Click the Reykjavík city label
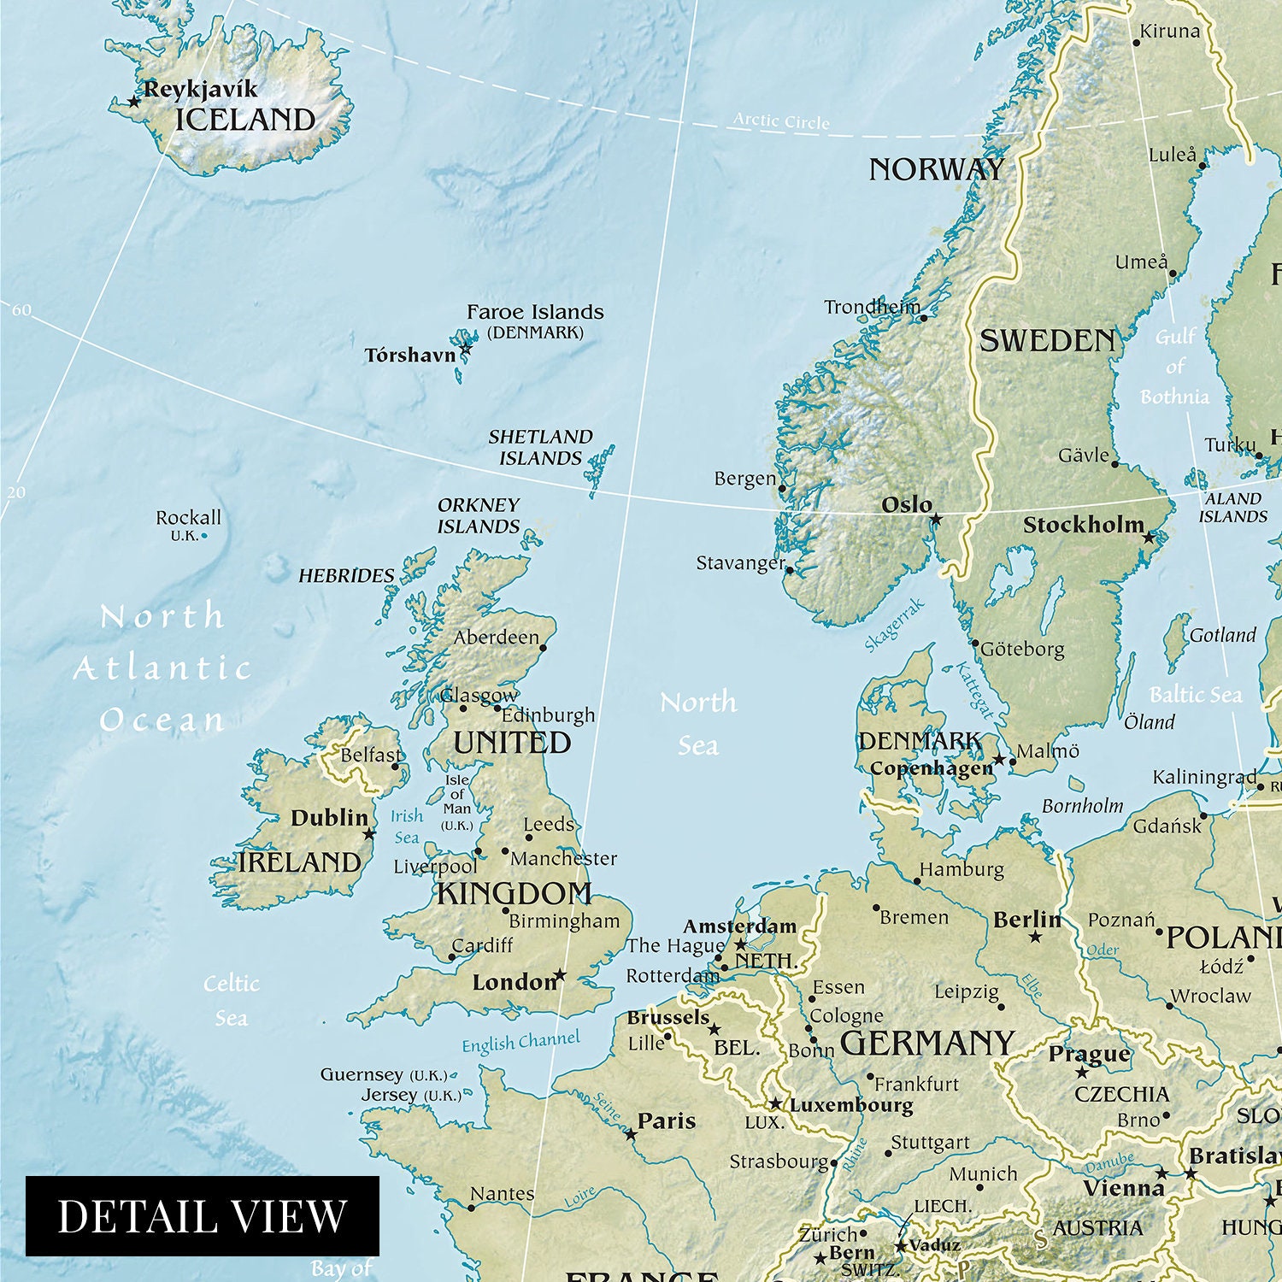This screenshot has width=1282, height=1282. point(200,89)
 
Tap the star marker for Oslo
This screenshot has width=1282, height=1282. point(936,519)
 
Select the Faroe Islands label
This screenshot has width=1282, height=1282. point(535,313)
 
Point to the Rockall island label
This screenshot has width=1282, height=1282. point(188,518)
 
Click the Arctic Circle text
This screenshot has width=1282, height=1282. point(781,121)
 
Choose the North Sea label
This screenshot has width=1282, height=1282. point(698,723)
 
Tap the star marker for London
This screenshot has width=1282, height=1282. point(560,975)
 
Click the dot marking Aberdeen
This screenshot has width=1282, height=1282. point(543,648)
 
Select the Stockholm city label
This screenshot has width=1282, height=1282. point(1083,525)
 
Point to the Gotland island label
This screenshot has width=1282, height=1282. point(1222,635)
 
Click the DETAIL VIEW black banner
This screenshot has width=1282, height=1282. point(202,1215)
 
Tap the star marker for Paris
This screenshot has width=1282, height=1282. point(631,1134)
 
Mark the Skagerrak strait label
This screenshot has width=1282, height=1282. point(894,625)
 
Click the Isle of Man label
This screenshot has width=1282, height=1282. point(456,803)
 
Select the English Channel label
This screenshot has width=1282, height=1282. point(520,1042)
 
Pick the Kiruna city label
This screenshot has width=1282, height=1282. point(1170,32)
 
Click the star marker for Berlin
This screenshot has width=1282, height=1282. point(1035,937)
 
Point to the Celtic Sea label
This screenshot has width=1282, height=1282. point(231,1000)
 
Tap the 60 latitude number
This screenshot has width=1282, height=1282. point(21,309)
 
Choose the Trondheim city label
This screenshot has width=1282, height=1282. point(872,307)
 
